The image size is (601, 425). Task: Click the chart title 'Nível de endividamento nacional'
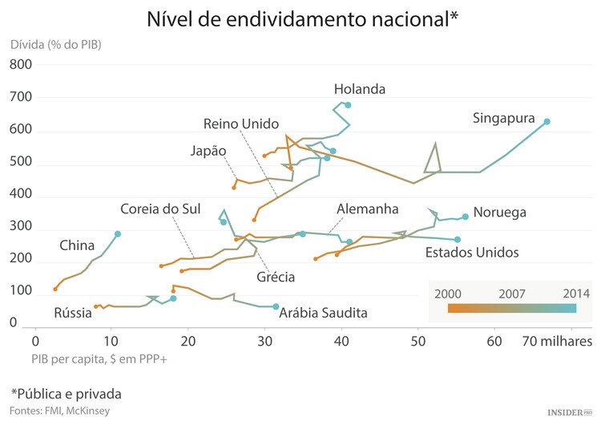pyautogui.click(x=302, y=19)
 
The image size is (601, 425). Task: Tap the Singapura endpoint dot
pyautogui.click(x=547, y=122)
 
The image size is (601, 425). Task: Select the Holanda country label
pyautogui.click(x=360, y=89)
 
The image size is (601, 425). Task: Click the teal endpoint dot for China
pyautogui.click(x=118, y=234)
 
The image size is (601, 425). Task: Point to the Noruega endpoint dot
pyautogui.click(x=466, y=217)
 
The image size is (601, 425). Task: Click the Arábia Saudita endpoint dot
pyautogui.click(x=276, y=307)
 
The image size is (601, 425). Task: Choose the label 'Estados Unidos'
pyautogui.click(x=472, y=253)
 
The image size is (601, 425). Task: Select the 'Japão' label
pyautogui.click(x=208, y=151)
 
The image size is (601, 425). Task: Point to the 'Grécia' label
pyautogui.click(x=276, y=277)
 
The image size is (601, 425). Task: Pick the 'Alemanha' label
pyautogui.click(x=367, y=208)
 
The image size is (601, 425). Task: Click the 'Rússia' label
pyautogui.click(x=73, y=312)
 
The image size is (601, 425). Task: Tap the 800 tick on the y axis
pyautogui.click(x=19, y=65)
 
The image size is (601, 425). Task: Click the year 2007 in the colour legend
pyautogui.click(x=511, y=293)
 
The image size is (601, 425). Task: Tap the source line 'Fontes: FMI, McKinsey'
pyautogui.click(x=61, y=411)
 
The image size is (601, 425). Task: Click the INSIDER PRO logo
pyautogui.click(x=568, y=412)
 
